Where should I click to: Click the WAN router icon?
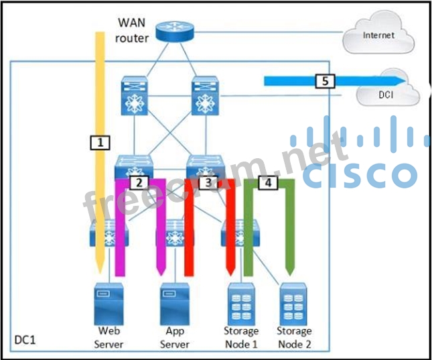tap(173, 31)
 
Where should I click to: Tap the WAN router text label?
tap(131, 32)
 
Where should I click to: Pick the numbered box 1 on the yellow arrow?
tap(99, 142)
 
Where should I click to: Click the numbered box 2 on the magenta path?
tap(139, 182)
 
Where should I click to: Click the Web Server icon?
tap(108, 303)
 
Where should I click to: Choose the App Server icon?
tap(174, 303)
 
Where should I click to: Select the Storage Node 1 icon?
tap(240, 303)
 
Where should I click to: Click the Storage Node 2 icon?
tap(294, 303)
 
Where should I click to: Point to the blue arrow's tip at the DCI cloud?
tap(404, 81)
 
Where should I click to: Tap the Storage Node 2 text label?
tap(294, 337)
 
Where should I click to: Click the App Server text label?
tap(174, 337)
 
